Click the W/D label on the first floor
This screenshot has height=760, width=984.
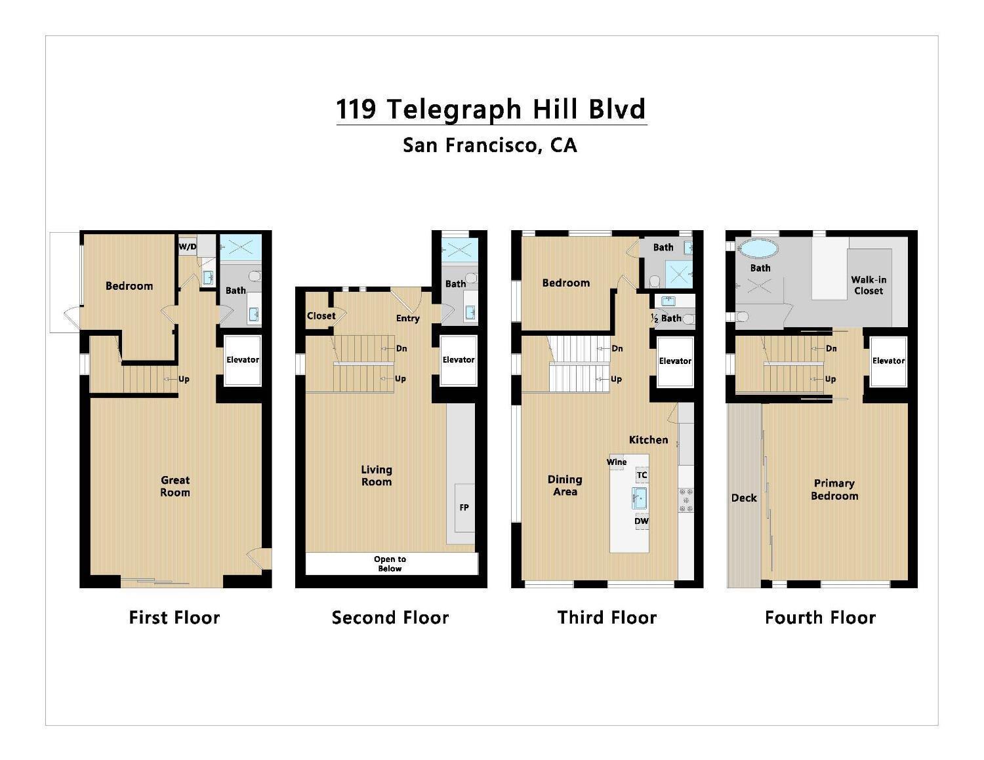(187, 247)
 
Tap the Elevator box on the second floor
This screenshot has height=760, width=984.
(458, 360)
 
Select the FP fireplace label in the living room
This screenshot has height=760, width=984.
(464, 508)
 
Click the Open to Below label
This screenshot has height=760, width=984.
(390, 564)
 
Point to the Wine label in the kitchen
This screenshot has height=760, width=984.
(616, 462)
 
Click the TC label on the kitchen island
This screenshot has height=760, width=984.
(642, 475)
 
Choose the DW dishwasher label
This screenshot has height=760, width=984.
(641, 521)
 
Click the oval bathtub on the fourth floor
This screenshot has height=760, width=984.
(759, 249)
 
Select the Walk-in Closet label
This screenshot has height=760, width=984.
(869, 285)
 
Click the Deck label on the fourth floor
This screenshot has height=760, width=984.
(744, 498)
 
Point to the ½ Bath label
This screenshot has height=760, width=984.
(666, 318)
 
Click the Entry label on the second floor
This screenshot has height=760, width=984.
(407, 318)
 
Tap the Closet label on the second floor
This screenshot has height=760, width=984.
(321, 315)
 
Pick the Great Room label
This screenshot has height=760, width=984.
(175, 487)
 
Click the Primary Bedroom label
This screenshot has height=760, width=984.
(834, 489)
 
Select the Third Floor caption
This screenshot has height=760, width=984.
(607, 617)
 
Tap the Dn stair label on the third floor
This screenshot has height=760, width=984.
(617, 348)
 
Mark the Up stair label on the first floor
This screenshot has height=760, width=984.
(184, 379)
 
